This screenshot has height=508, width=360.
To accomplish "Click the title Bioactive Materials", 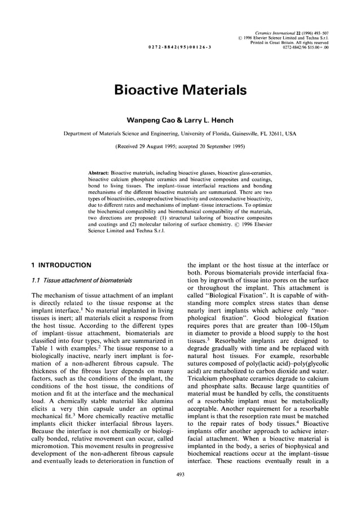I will tap(180, 90).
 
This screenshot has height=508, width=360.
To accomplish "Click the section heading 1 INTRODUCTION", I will tap(61, 264).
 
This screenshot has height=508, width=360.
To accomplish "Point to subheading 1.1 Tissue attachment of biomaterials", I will tap(82, 280).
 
